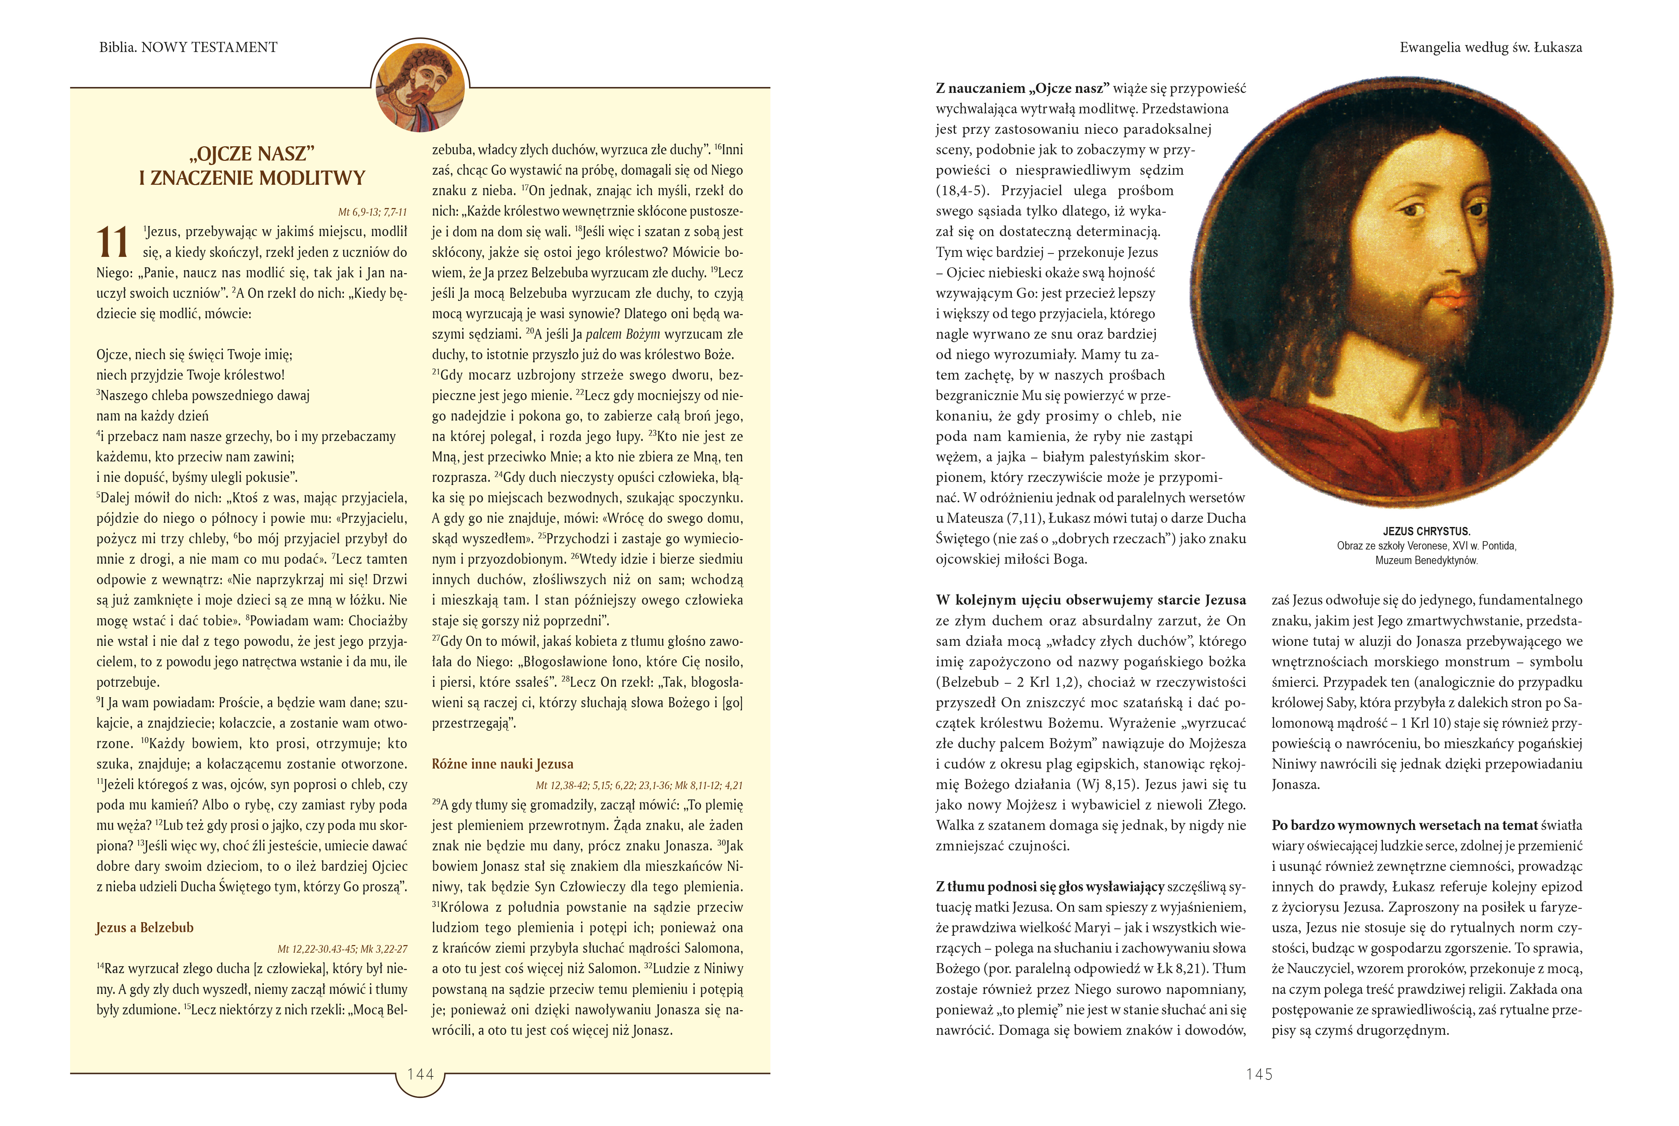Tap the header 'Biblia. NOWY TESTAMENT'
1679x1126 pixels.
(188, 47)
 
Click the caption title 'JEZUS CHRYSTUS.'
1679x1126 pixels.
(1426, 531)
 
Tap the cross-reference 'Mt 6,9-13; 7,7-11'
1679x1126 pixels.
(372, 212)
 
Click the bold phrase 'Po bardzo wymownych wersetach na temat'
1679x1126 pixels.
(1404, 825)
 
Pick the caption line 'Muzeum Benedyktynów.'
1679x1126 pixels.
(1426, 560)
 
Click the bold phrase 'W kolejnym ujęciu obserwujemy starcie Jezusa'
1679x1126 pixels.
(1090, 600)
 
